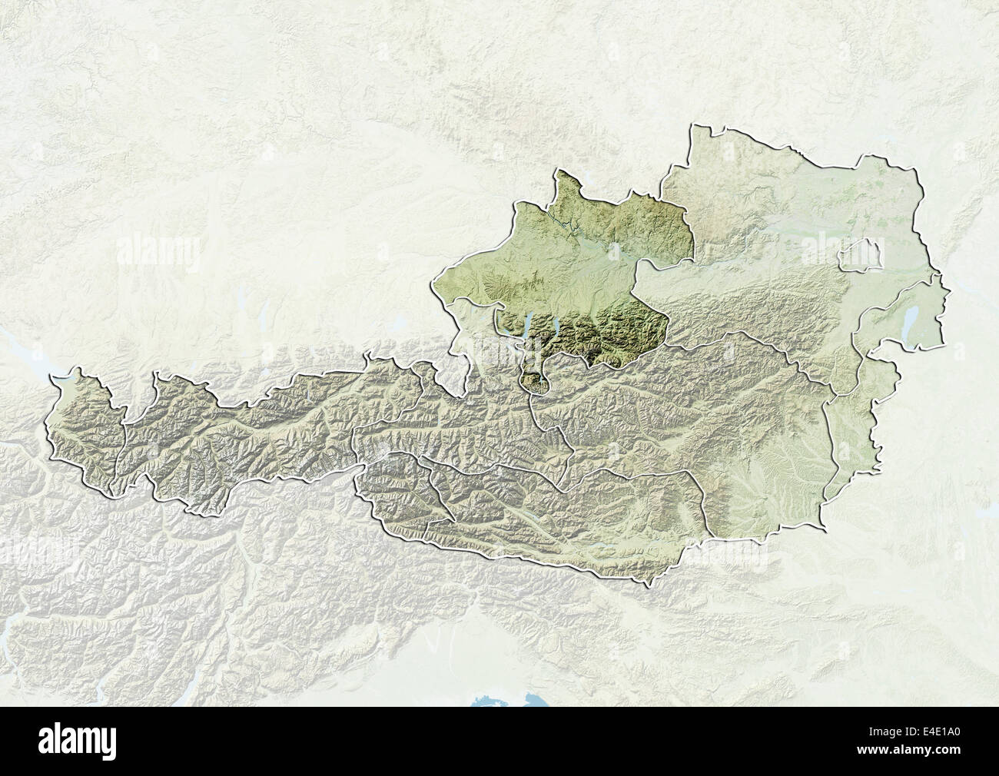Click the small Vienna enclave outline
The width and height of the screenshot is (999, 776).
click(859, 259)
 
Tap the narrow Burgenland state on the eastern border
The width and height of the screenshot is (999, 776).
click(853, 446)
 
